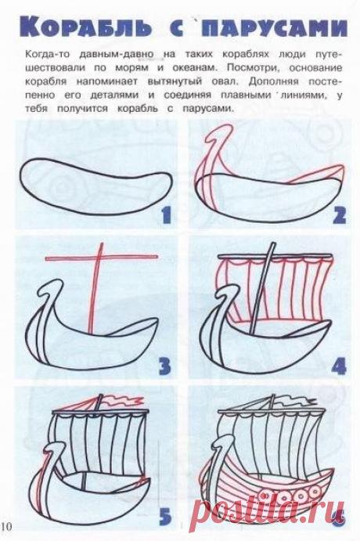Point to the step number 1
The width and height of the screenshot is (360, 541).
coord(164,212)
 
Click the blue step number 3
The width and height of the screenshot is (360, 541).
coord(163,365)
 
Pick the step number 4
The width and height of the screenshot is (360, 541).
coord(338,365)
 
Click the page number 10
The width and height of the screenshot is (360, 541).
coord(7,523)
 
